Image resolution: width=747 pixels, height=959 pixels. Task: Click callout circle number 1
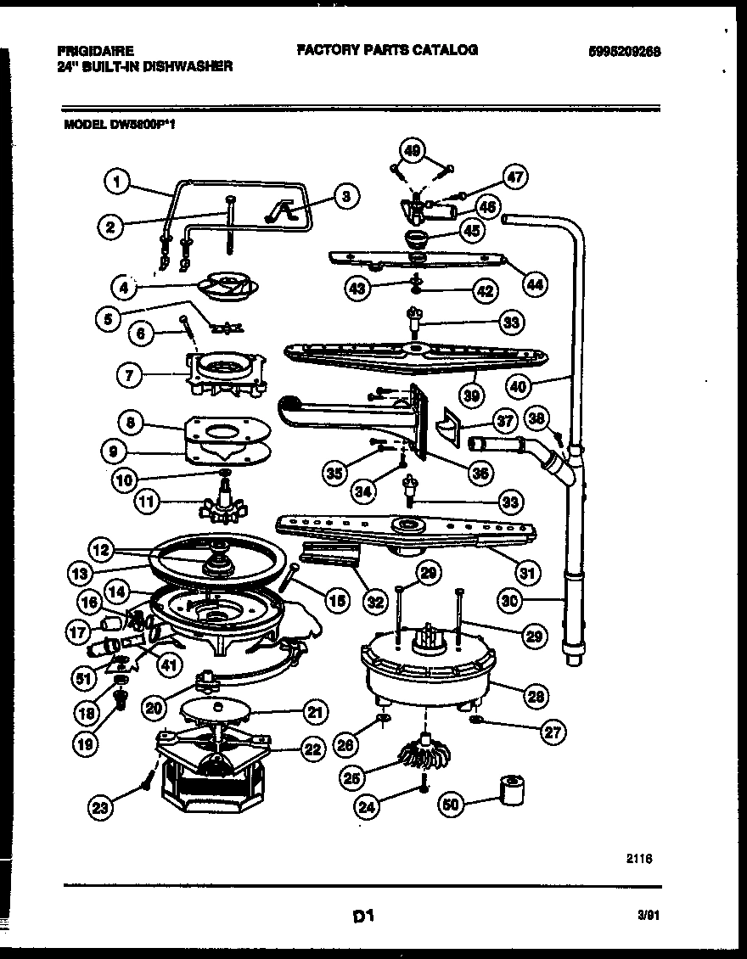tap(118, 179)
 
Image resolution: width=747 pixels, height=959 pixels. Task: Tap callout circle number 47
tap(514, 177)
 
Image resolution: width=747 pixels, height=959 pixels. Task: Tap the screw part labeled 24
tap(422, 789)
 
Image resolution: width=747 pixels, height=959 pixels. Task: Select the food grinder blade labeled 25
tap(415, 752)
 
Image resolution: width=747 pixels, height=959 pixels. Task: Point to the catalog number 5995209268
tap(624, 51)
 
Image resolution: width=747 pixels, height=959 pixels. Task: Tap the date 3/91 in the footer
tap(648, 915)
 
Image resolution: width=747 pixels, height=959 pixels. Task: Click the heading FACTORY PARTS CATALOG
tap(386, 50)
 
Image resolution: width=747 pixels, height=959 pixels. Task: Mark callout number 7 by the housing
tap(128, 375)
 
